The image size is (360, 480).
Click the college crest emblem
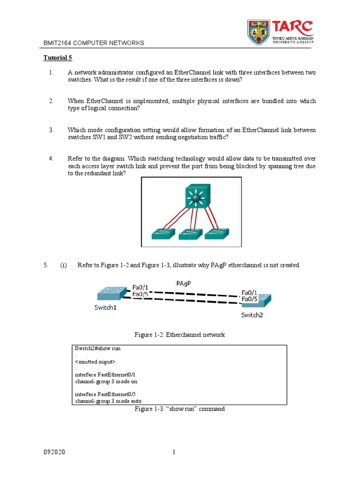click(x=258, y=32)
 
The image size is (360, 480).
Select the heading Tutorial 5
click(x=58, y=58)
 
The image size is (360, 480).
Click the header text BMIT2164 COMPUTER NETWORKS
click(x=94, y=43)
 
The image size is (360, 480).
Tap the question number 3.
click(x=52, y=130)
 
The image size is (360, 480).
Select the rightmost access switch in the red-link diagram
click(x=218, y=233)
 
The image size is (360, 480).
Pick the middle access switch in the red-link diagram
click(x=190, y=233)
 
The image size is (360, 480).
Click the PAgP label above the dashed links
click(x=184, y=283)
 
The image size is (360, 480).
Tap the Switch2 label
click(x=252, y=315)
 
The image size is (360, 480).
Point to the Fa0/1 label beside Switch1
click(x=141, y=287)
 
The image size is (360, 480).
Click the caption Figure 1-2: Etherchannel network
click(x=180, y=335)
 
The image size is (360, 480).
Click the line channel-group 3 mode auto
click(x=108, y=401)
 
